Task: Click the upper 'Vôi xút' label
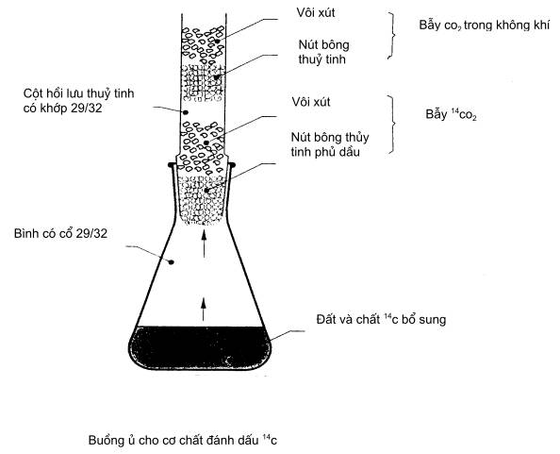pyautogui.click(x=316, y=12)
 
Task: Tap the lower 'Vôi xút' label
pyautogui.click(x=311, y=102)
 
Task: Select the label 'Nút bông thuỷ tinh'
pyautogui.click(x=323, y=52)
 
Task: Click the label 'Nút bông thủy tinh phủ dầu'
pyautogui.click(x=330, y=144)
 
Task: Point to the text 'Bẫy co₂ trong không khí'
pyautogui.click(x=485, y=25)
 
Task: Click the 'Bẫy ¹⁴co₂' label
pyautogui.click(x=451, y=114)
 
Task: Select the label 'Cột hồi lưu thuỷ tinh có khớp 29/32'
pyautogui.click(x=78, y=100)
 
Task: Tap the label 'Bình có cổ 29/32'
pyautogui.click(x=60, y=233)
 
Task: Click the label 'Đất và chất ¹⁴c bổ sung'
pyautogui.click(x=381, y=319)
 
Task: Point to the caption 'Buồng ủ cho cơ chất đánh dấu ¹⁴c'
pyautogui.click(x=183, y=440)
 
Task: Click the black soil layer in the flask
pyautogui.click(x=200, y=347)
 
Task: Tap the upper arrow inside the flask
pyautogui.click(x=204, y=244)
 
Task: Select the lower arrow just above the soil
pyautogui.click(x=204, y=309)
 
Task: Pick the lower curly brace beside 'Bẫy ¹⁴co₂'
pyautogui.click(x=392, y=124)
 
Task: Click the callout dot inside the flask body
pyautogui.click(x=172, y=262)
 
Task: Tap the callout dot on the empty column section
pyautogui.click(x=186, y=112)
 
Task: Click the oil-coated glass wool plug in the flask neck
pyautogui.click(x=204, y=199)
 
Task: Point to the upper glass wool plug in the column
pyautogui.click(x=204, y=82)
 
